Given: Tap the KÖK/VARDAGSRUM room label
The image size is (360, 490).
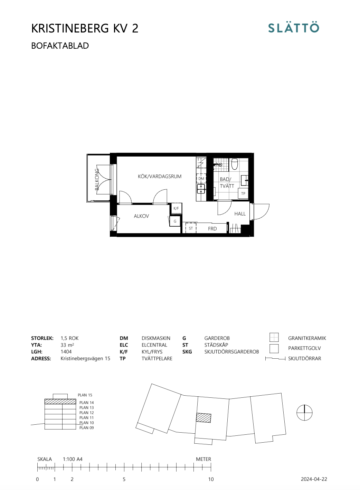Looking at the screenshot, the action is [159, 176].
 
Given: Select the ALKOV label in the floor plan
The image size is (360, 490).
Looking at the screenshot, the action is [141, 216].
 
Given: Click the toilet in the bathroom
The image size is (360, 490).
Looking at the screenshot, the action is [235, 164].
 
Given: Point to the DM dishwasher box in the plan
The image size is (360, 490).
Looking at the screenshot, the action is [201, 179].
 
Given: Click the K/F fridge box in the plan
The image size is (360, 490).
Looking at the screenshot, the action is [176, 208].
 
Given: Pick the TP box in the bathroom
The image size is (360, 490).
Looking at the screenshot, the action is [243, 194].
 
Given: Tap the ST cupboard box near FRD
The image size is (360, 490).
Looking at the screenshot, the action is [191, 228].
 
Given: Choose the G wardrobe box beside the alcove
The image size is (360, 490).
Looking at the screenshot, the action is [175, 221].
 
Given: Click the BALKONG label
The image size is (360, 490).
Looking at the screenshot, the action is [97, 179].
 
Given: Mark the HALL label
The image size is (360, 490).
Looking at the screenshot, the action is [240, 214].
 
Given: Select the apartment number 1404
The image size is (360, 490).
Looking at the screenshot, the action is [66, 351].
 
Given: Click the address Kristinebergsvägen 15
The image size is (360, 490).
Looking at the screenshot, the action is [85, 358].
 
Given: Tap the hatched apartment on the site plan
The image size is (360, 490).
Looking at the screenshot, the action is [203, 417].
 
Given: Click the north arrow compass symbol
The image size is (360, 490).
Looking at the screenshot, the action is [304, 413].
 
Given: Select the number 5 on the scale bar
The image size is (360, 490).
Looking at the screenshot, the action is [124, 479].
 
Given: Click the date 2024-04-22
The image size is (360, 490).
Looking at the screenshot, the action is [314, 479].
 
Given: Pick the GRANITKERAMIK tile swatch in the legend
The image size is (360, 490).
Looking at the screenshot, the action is [274, 337].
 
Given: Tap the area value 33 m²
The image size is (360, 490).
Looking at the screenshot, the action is [67, 345].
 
